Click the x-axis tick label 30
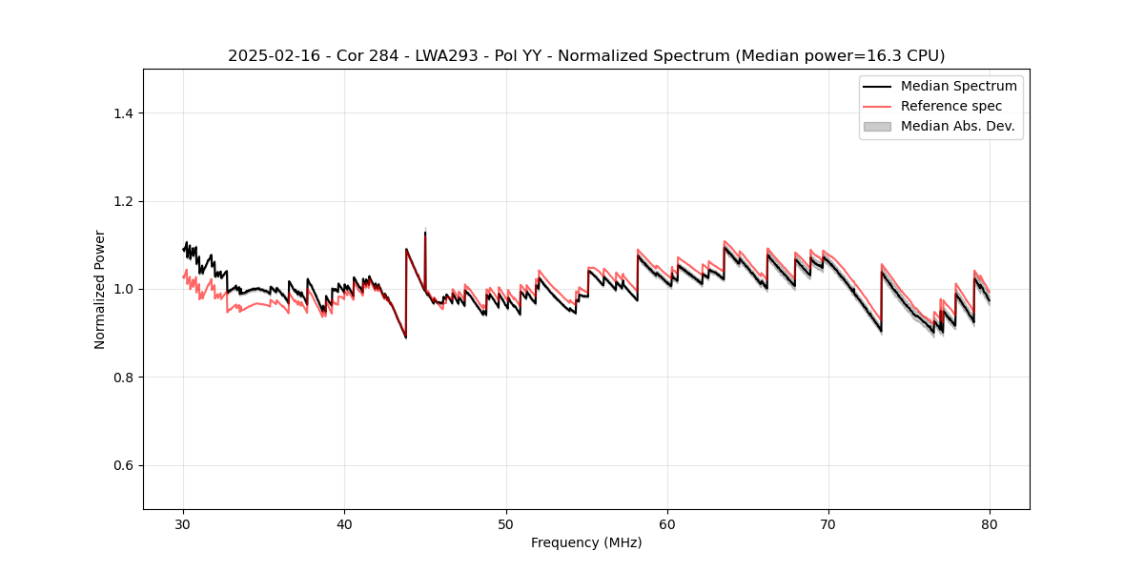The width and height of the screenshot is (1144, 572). pos(183,524)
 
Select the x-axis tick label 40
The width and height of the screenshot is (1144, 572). pos(344,524)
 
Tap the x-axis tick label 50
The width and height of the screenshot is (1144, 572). pos(506,524)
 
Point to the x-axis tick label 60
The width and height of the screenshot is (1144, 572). pos(667,524)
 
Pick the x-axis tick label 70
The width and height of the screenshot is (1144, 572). pos(828,524)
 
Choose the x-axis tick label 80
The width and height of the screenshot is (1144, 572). pos(990,524)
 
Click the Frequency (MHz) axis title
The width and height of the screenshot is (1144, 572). pos(586,542)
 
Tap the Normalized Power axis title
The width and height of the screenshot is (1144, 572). pos(100,289)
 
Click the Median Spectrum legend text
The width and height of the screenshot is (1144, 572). pos(958,86)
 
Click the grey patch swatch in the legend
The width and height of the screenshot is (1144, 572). pos(876,126)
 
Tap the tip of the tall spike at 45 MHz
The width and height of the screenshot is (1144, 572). pos(425,232)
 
